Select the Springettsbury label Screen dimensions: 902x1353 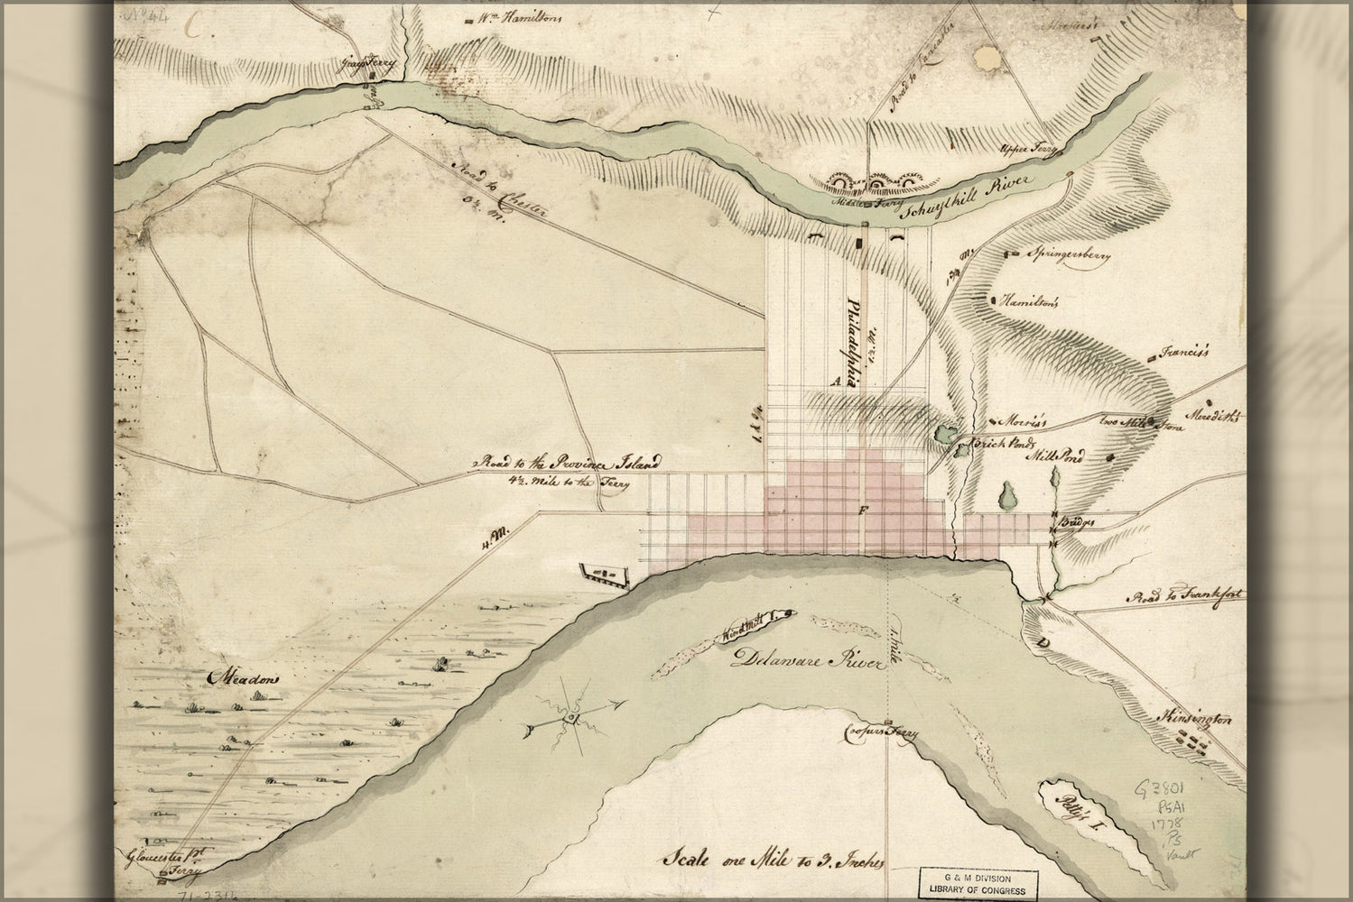coord(1070,255)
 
